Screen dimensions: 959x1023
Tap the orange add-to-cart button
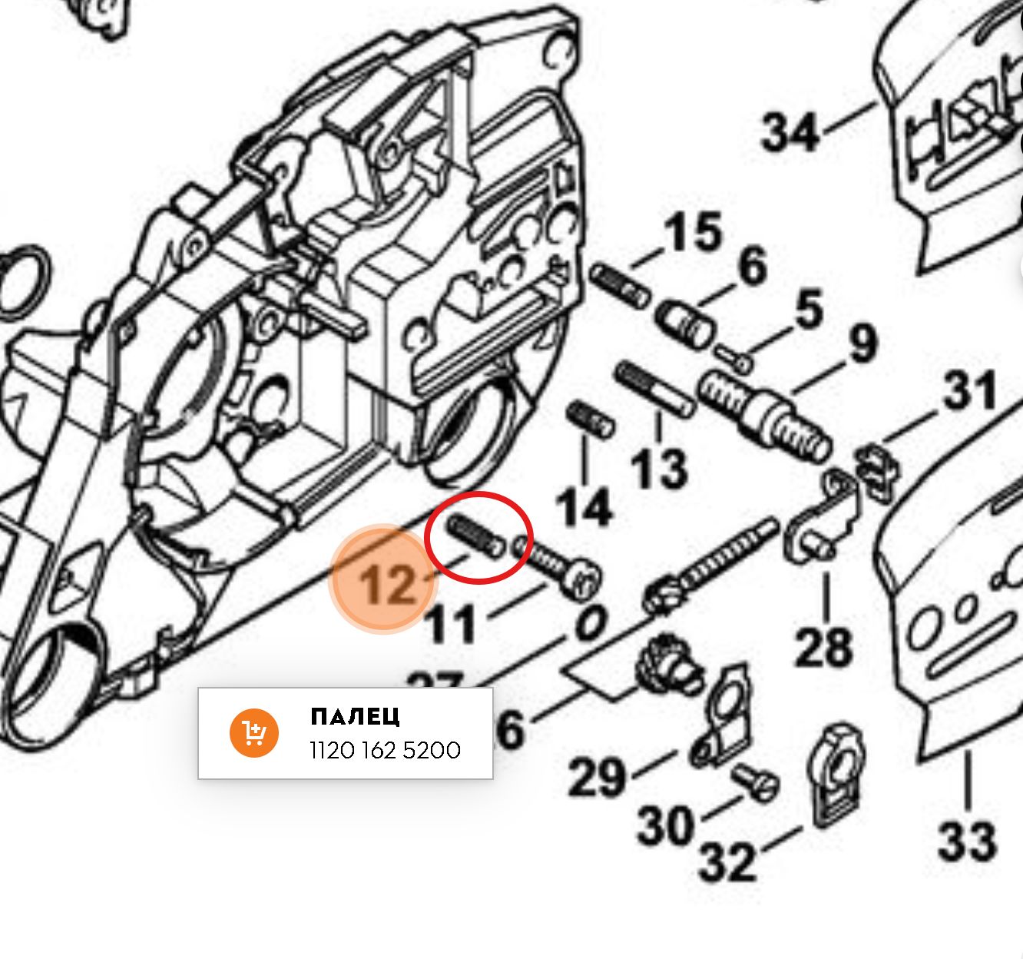click(253, 733)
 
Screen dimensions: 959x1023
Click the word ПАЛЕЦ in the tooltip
click(355, 717)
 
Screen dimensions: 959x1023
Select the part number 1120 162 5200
click(385, 750)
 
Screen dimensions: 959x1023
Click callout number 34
click(790, 131)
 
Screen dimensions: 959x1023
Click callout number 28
click(823, 646)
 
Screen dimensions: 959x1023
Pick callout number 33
click(967, 840)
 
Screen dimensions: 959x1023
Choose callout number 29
click(597, 777)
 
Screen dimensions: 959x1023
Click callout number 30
click(665, 826)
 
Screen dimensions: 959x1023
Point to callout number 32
click(727, 861)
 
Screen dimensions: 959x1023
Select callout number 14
click(584, 506)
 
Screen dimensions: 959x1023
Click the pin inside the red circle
click(476, 536)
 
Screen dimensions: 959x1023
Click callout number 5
click(809, 309)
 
